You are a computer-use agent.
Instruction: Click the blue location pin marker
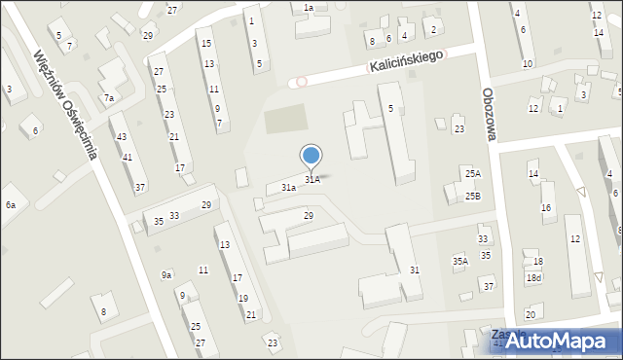(x=311, y=157)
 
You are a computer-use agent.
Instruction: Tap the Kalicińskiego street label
(x=406, y=61)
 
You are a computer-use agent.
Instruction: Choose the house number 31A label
(x=311, y=180)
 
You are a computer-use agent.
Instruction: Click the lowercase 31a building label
(x=288, y=187)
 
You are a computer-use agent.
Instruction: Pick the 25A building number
(x=472, y=173)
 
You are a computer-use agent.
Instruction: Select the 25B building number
(x=472, y=196)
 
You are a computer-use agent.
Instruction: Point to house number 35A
(x=460, y=261)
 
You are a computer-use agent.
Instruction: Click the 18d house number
(x=533, y=278)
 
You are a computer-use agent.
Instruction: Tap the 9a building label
(x=166, y=275)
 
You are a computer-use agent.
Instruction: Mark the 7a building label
(x=109, y=98)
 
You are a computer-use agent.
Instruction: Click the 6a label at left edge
(x=11, y=205)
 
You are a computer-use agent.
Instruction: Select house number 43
(x=122, y=136)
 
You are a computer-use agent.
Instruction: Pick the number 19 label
(x=242, y=298)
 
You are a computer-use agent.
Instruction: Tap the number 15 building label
(x=204, y=44)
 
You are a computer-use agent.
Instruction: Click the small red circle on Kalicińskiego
(x=302, y=81)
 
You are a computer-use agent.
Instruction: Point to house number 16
(x=546, y=208)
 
